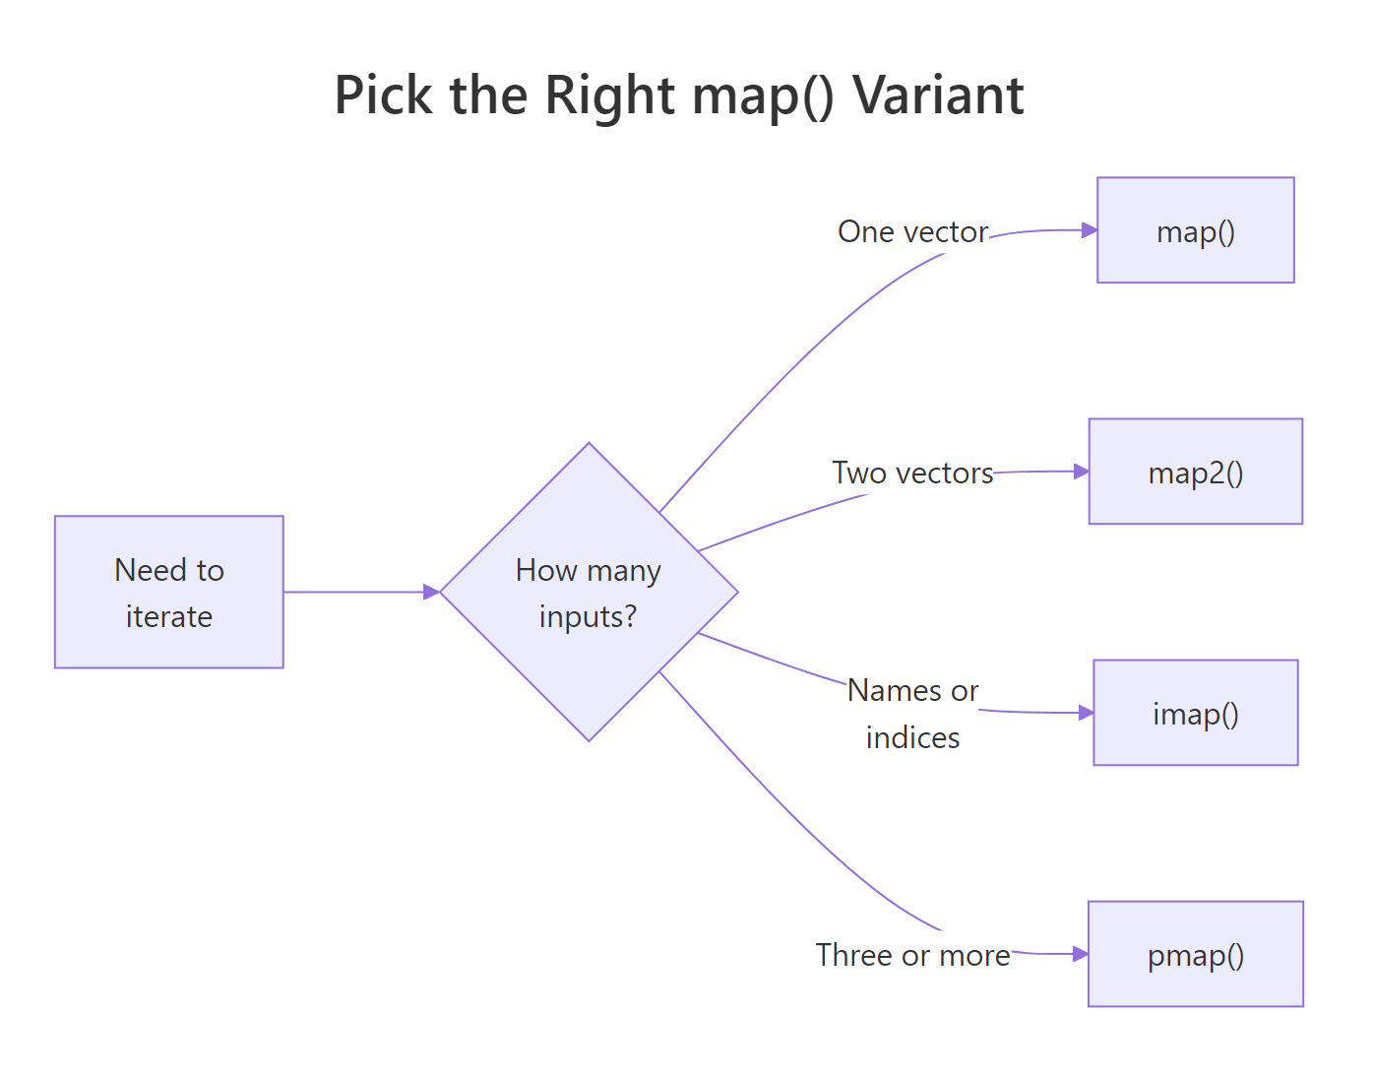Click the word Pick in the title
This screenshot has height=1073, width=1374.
383,95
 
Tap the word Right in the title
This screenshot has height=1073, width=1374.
609,95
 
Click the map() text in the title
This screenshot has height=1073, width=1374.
763,95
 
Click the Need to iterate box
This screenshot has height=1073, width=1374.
169,592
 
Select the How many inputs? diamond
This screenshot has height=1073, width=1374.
589,592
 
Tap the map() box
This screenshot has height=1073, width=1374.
1195,230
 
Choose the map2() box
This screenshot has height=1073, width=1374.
1195,472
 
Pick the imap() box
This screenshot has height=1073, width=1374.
1195,713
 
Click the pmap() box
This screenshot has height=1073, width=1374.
1195,954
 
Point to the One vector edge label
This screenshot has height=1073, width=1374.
912,231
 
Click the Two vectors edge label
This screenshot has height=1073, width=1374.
912,473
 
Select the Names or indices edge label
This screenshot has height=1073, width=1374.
912,714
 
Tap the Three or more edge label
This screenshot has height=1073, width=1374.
912,955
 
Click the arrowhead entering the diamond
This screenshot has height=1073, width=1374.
431,592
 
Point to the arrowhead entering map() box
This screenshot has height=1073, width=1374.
1090,230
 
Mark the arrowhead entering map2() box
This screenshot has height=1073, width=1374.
1081,472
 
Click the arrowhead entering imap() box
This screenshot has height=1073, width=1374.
1086,713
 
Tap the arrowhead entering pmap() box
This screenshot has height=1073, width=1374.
1080,954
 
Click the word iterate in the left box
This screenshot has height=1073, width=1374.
169,616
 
